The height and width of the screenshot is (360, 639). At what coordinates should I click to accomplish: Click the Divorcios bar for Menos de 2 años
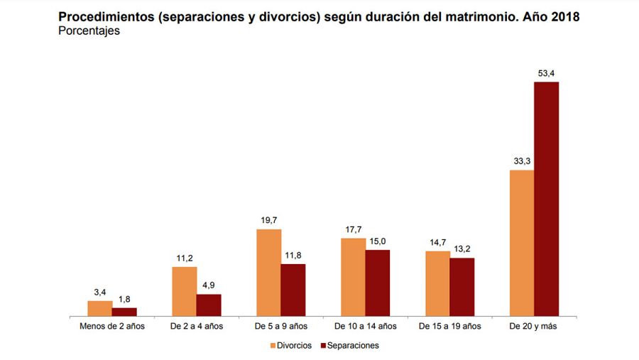(x=99, y=308)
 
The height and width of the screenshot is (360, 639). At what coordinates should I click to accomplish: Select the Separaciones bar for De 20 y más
(x=547, y=199)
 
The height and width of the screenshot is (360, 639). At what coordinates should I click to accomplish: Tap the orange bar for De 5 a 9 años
(x=268, y=273)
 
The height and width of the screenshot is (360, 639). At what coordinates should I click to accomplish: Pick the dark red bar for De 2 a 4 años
(x=209, y=305)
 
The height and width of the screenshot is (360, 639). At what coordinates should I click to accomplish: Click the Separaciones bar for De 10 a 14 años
(x=378, y=283)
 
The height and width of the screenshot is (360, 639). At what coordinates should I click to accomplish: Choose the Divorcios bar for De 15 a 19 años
(x=437, y=283)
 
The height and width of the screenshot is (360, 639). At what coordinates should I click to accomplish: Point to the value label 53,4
(x=547, y=73)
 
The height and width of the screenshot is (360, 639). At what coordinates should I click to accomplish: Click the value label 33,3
(x=522, y=161)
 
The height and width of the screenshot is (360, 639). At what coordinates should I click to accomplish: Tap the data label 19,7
(x=268, y=220)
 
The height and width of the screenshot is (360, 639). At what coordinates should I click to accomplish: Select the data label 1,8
(x=124, y=299)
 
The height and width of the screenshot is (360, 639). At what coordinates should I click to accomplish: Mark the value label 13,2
(x=461, y=249)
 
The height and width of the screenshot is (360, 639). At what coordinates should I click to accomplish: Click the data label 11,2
(x=184, y=258)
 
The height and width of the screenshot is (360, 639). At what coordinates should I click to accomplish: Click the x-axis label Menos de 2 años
(x=112, y=327)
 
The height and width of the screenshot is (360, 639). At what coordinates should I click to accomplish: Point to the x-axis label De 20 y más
(x=534, y=327)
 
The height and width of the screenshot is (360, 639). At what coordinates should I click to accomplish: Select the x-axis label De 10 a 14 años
(x=366, y=327)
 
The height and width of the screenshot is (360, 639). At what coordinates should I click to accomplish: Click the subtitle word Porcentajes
(x=89, y=31)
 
